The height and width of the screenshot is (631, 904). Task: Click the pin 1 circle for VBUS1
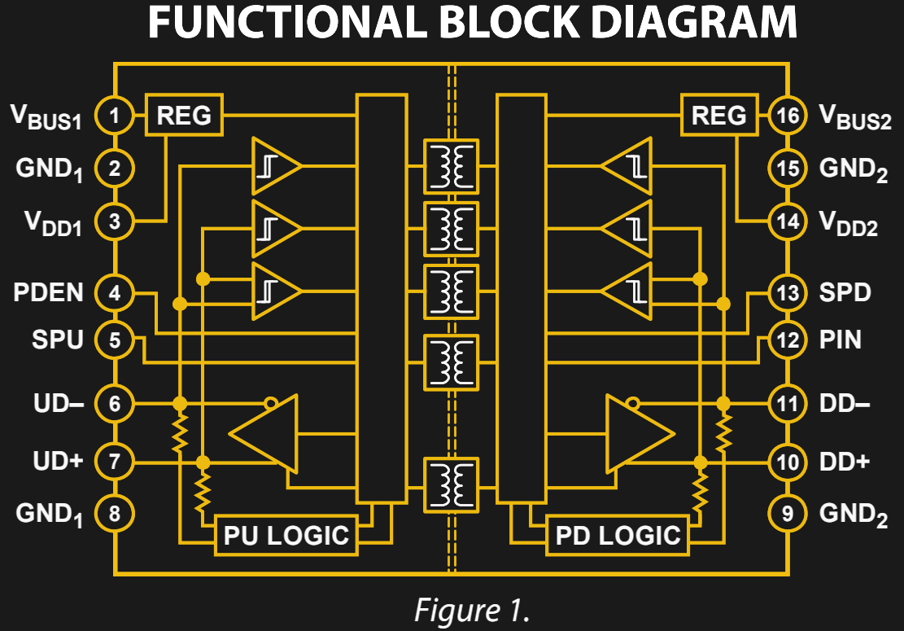pos(116,116)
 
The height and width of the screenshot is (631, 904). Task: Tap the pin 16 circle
pos(788,116)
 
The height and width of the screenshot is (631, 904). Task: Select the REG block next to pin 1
pos(184,115)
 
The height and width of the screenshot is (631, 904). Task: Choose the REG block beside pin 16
pos(718,115)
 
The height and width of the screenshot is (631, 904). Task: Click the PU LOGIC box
pos(286,535)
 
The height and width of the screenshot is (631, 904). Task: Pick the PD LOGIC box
pos(618,535)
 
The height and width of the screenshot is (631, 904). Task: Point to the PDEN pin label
pos(48,292)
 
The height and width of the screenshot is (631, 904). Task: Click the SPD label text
pos(845,292)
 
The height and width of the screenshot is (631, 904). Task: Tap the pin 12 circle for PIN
pos(788,340)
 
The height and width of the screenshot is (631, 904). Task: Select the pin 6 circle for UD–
pos(116,403)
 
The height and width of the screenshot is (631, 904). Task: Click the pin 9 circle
pos(788,514)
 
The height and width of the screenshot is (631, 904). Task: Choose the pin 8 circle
pos(116,514)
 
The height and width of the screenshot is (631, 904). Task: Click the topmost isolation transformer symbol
pos(451,165)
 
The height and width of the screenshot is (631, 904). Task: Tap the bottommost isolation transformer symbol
pos(451,483)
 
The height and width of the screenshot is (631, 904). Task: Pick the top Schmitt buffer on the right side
pos(627,165)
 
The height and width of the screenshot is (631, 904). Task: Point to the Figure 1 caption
pos(453,609)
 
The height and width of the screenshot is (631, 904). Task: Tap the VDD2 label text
pos(849,224)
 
